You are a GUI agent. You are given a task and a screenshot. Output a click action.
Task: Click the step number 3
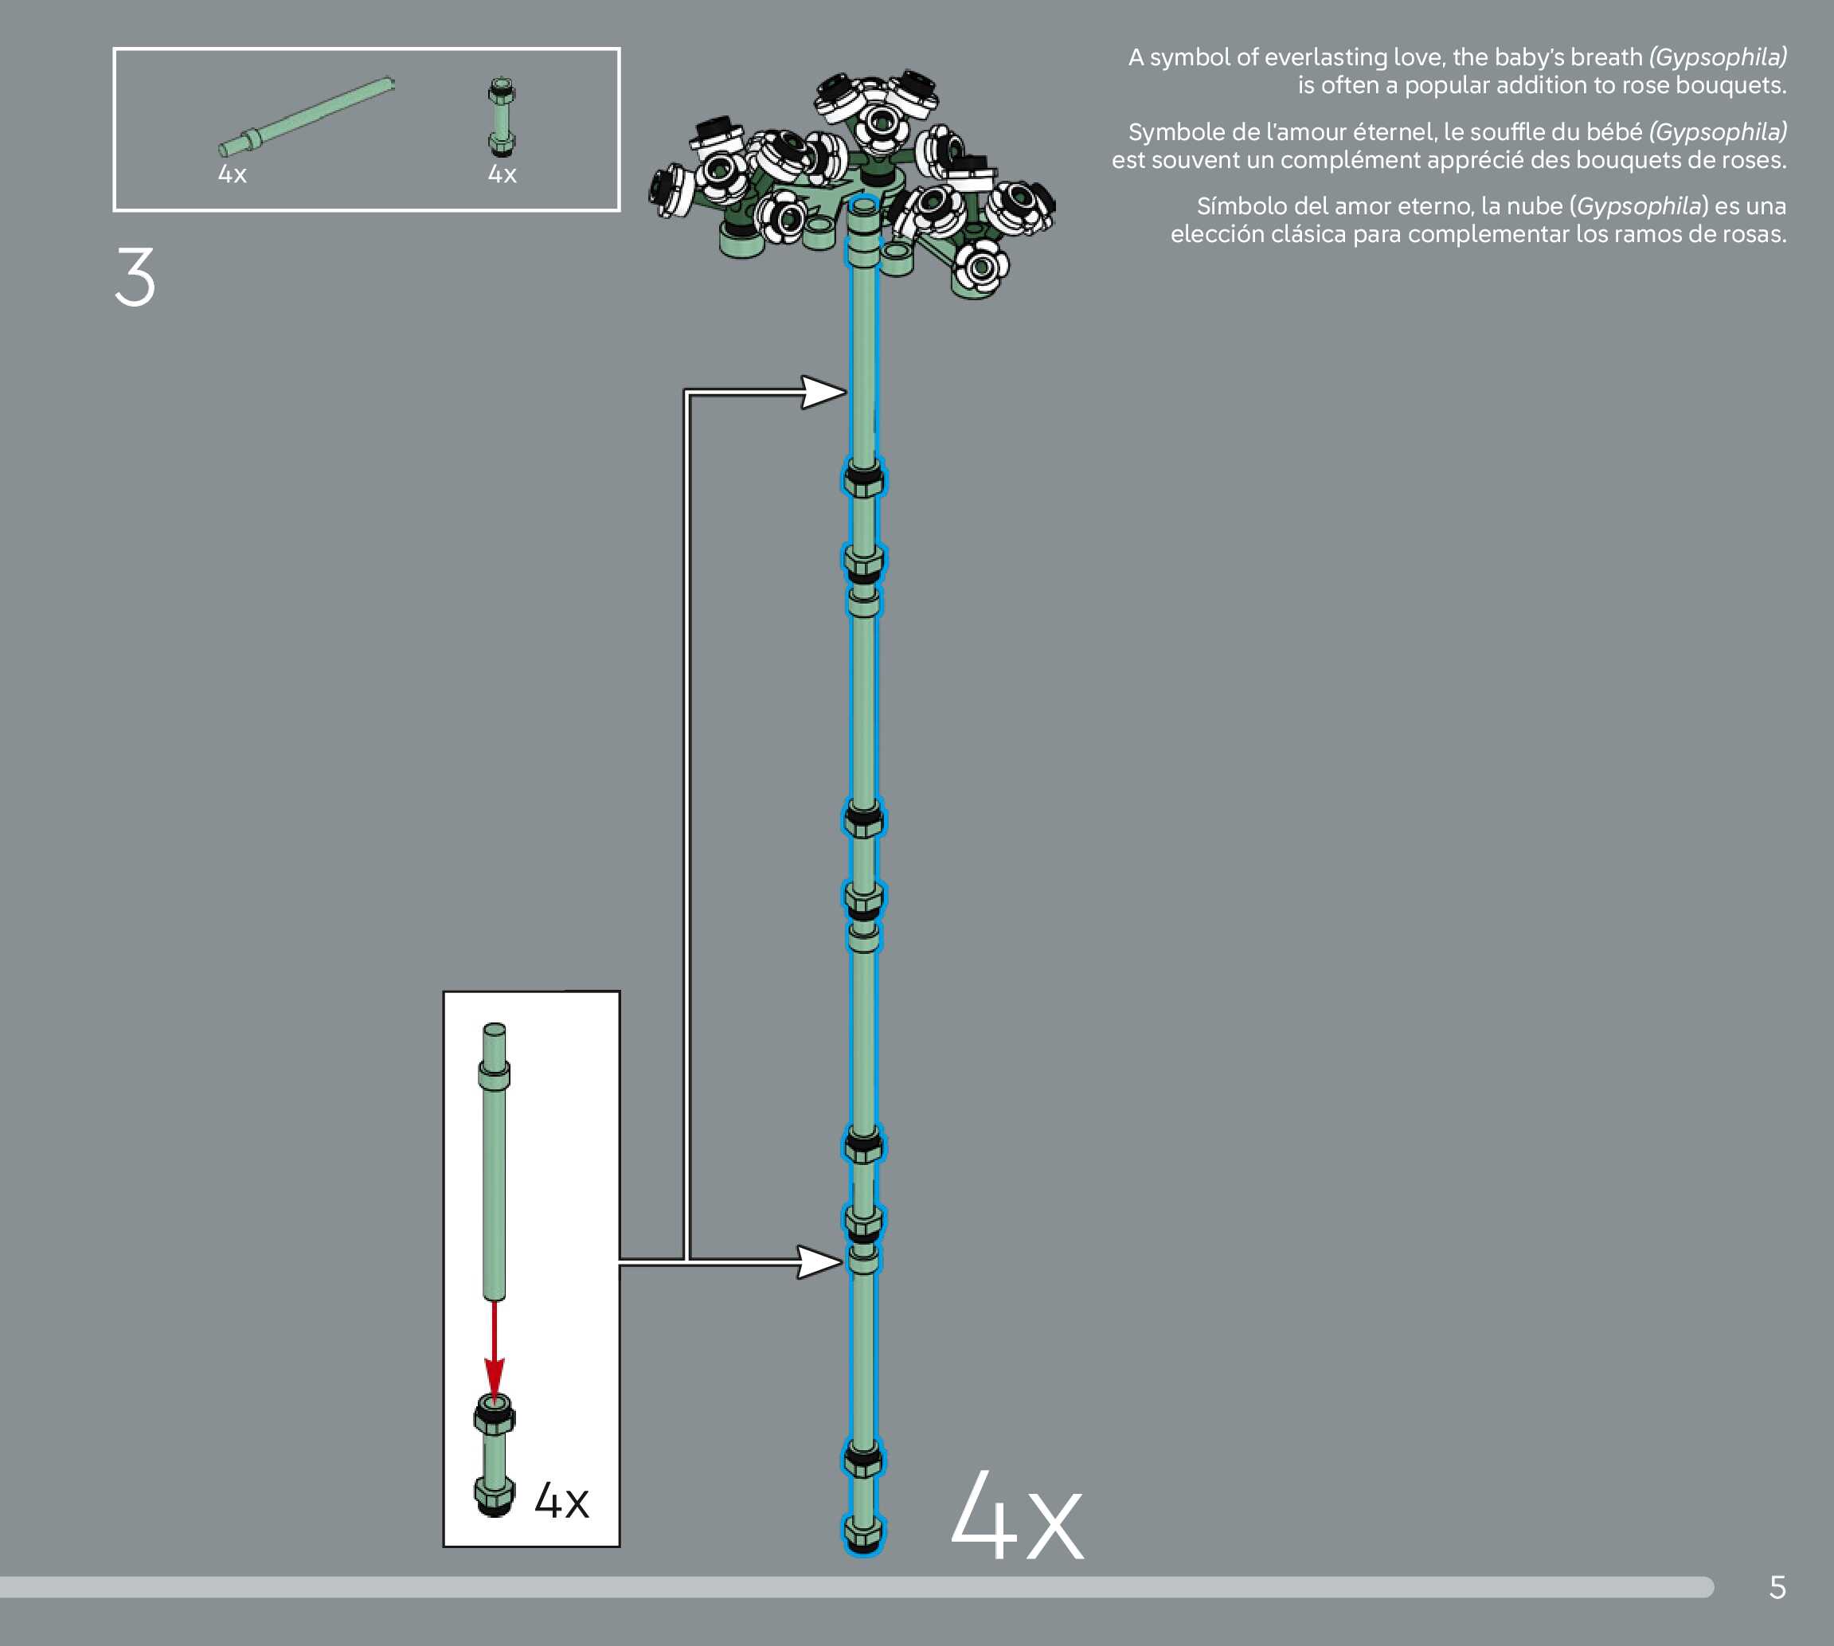pyautogui.click(x=135, y=277)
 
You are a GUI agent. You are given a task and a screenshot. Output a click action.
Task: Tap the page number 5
pyautogui.click(x=1777, y=1587)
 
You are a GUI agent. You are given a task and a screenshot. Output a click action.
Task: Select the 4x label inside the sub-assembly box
pyautogui.click(x=561, y=1502)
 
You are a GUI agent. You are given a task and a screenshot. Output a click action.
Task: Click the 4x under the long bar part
pyautogui.click(x=233, y=174)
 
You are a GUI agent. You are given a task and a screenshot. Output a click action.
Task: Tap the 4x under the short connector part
pyautogui.click(x=502, y=174)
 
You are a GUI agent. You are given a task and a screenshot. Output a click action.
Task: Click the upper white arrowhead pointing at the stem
pyautogui.click(x=821, y=393)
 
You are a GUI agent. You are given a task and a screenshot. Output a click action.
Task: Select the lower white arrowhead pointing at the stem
pyautogui.click(x=818, y=1261)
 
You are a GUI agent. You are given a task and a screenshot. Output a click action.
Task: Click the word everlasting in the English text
pyautogui.click(x=1327, y=57)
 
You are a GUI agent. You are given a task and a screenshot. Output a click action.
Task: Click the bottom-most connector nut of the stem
pyautogui.click(x=863, y=1532)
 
